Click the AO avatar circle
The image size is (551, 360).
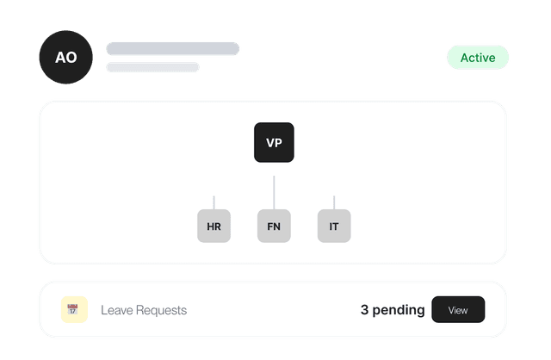tap(65, 57)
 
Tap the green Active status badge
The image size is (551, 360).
tap(478, 58)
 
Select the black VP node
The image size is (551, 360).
tap(274, 142)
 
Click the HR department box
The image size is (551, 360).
tap(214, 226)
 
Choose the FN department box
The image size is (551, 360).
tap(274, 226)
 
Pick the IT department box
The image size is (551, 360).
tap(334, 226)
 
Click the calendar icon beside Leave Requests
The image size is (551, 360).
tap(72, 309)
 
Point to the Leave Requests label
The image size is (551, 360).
tap(144, 310)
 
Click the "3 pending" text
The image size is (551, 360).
tap(393, 310)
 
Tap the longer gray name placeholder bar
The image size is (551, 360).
tap(173, 48)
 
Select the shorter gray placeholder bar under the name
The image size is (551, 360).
tap(153, 67)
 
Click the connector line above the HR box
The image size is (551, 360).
tap(214, 203)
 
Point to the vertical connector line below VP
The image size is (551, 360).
tap(274, 193)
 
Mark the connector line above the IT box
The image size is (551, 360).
tap(334, 203)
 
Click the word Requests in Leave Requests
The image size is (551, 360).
tap(161, 310)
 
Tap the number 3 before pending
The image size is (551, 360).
tap(364, 310)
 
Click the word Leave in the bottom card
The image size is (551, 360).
tap(117, 310)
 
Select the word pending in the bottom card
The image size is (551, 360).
tap(399, 310)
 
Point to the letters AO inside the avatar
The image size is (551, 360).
tap(65, 58)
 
